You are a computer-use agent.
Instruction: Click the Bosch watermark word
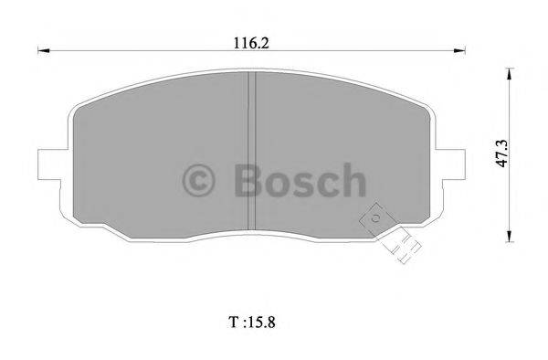coord(299,179)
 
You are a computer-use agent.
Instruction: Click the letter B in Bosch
coord(248,179)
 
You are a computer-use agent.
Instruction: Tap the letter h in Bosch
coord(352,179)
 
